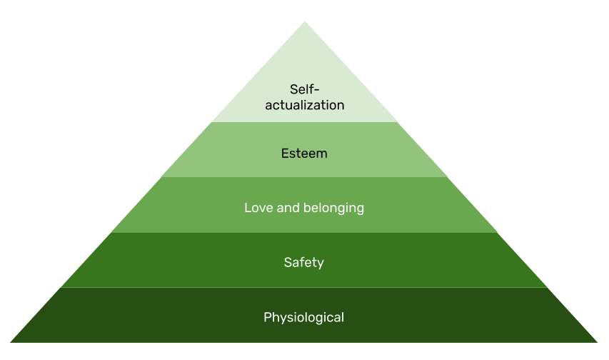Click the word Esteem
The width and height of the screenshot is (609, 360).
[x=304, y=154]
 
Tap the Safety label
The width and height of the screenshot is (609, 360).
[x=304, y=263]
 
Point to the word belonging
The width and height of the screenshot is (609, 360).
[x=334, y=209]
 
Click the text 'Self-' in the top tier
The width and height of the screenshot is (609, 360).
[x=304, y=89]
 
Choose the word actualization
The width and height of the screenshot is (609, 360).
[x=305, y=105]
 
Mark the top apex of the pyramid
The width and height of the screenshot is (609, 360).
[x=305, y=21]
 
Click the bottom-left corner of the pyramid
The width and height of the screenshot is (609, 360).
[x=10, y=342]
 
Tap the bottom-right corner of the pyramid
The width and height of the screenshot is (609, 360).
[x=598, y=342]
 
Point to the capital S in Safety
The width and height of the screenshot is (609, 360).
[x=288, y=263]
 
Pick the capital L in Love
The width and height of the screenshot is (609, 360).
[x=248, y=208]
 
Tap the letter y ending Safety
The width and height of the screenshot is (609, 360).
[x=321, y=264]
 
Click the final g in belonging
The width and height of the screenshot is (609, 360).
[x=361, y=210]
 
